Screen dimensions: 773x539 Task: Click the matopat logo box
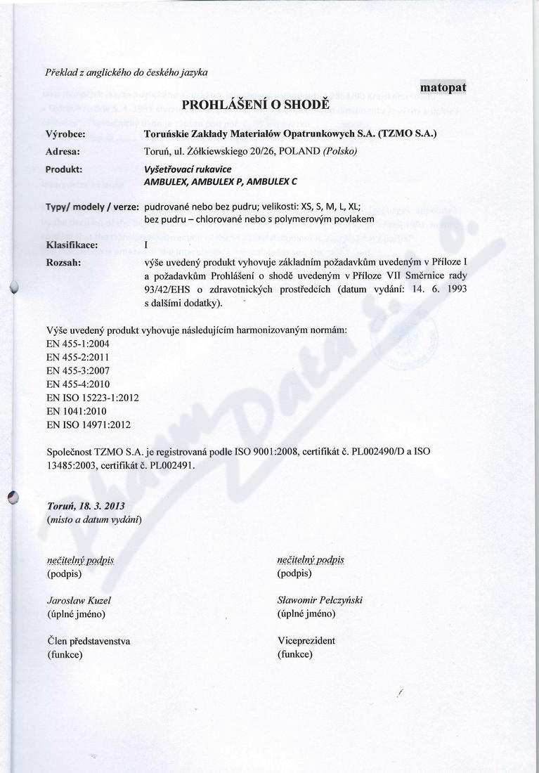pyautogui.click(x=443, y=87)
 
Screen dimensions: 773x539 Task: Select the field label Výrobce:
pyautogui.click(x=65, y=133)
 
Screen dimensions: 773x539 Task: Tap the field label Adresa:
pyautogui.click(x=63, y=150)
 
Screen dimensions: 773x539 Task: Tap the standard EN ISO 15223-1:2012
pyautogui.click(x=92, y=397)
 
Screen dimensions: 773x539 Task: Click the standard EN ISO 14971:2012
pyautogui.click(x=88, y=424)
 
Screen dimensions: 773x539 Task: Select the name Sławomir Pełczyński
pyautogui.click(x=320, y=600)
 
